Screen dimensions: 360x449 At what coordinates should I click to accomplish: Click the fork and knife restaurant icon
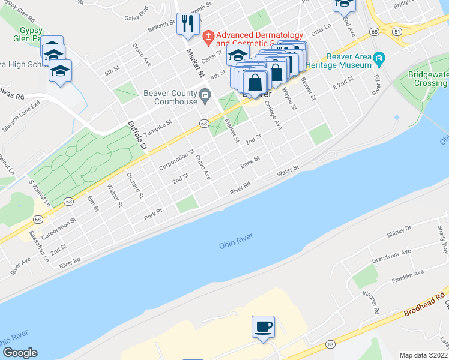(187, 24)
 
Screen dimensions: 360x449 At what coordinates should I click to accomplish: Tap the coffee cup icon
(263, 327)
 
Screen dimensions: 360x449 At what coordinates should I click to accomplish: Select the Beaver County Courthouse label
(170, 97)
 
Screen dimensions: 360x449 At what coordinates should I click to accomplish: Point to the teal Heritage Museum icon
(378, 59)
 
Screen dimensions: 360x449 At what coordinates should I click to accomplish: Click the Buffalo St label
(137, 134)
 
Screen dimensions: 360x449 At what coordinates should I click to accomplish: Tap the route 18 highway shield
(330, 343)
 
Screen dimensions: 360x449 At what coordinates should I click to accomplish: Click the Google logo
(19, 353)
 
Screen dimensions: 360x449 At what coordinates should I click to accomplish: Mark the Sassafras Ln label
(37, 244)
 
